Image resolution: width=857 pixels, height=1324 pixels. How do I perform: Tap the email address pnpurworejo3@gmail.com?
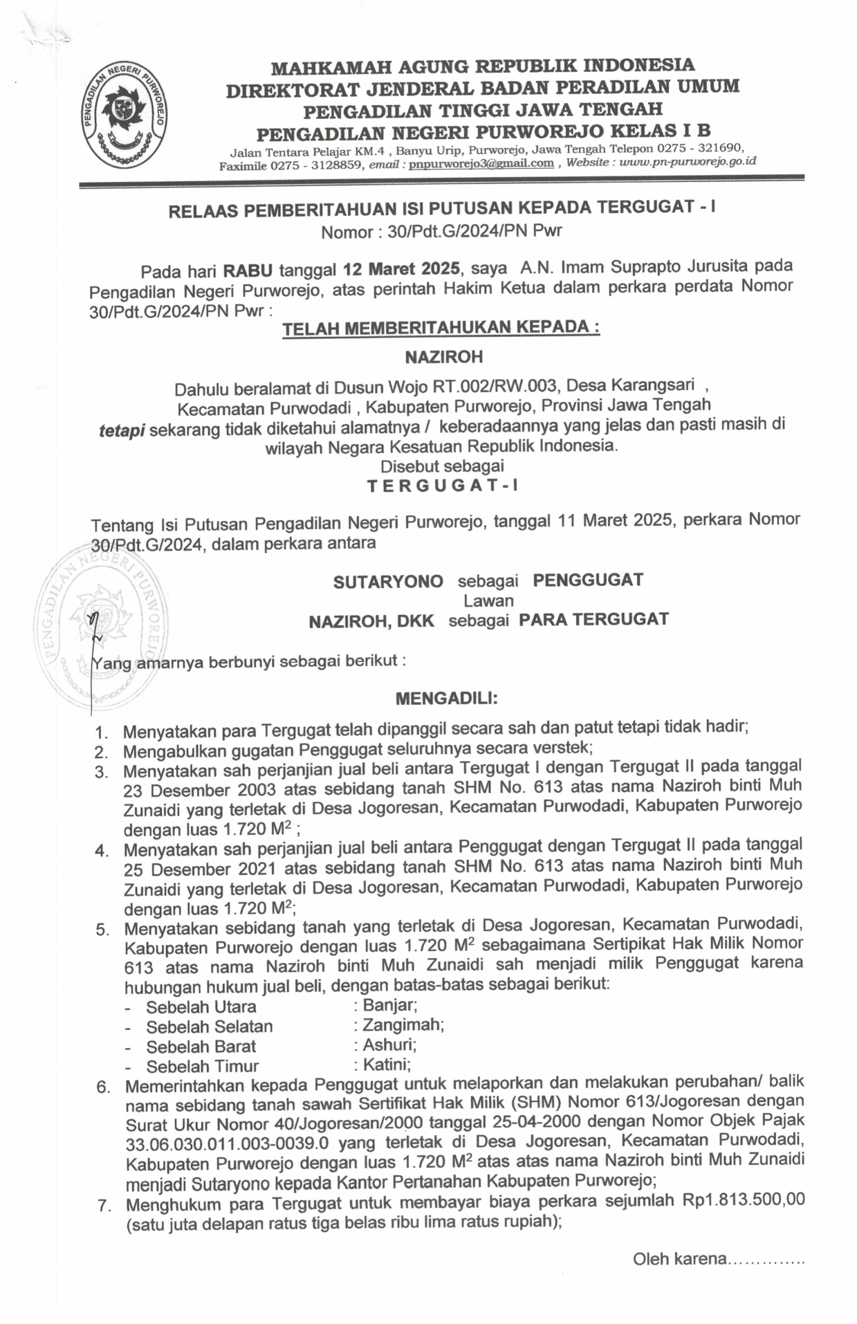pyautogui.click(x=481, y=163)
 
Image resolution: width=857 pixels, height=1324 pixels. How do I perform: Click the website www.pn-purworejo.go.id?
pyautogui.click(x=688, y=161)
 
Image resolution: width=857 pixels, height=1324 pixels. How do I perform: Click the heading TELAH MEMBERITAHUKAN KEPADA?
pyautogui.click(x=441, y=327)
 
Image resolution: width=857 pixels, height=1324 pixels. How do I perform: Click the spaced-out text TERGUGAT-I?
pyautogui.click(x=442, y=485)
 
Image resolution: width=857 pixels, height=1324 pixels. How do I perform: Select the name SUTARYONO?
pyautogui.click(x=388, y=581)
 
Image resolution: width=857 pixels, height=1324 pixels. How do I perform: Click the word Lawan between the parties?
pyautogui.click(x=488, y=600)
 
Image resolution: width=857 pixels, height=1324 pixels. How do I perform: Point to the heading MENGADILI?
pyautogui.click(x=446, y=698)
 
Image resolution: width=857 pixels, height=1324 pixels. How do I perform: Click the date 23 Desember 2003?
pyautogui.click(x=199, y=790)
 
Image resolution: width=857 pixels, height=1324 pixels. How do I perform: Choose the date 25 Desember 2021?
pyautogui.click(x=200, y=869)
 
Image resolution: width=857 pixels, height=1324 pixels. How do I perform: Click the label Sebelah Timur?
pyautogui.click(x=202, y=1066)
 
